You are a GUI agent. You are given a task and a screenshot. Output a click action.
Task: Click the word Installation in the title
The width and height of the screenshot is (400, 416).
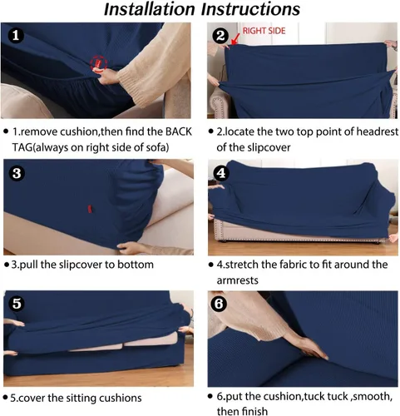150,9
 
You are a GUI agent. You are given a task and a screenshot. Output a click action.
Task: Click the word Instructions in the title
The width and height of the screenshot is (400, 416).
250,9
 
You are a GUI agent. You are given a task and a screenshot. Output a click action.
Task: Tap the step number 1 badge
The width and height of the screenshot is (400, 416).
16,36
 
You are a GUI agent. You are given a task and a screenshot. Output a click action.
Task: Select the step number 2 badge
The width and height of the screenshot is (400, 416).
220,36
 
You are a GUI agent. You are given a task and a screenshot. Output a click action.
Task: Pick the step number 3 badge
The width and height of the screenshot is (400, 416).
17,173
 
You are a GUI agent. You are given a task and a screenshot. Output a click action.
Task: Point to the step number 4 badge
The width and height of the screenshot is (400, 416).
221,173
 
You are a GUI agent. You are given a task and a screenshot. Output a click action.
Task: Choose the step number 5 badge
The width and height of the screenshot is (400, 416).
17,304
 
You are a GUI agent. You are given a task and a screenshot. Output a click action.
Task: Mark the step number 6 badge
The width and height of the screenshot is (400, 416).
219,304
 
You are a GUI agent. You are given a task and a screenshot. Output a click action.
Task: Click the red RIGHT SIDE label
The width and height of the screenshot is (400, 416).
264,31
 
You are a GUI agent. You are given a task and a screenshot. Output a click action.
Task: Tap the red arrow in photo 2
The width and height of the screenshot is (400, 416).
235,39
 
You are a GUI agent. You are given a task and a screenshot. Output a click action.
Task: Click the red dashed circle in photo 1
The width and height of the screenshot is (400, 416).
99,63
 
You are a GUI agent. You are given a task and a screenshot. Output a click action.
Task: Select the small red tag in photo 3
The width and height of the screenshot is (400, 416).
90,209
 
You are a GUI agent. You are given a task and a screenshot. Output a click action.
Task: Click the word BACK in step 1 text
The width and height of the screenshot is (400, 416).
179,131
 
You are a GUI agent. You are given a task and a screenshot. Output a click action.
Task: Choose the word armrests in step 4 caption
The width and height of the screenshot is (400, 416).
237,280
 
